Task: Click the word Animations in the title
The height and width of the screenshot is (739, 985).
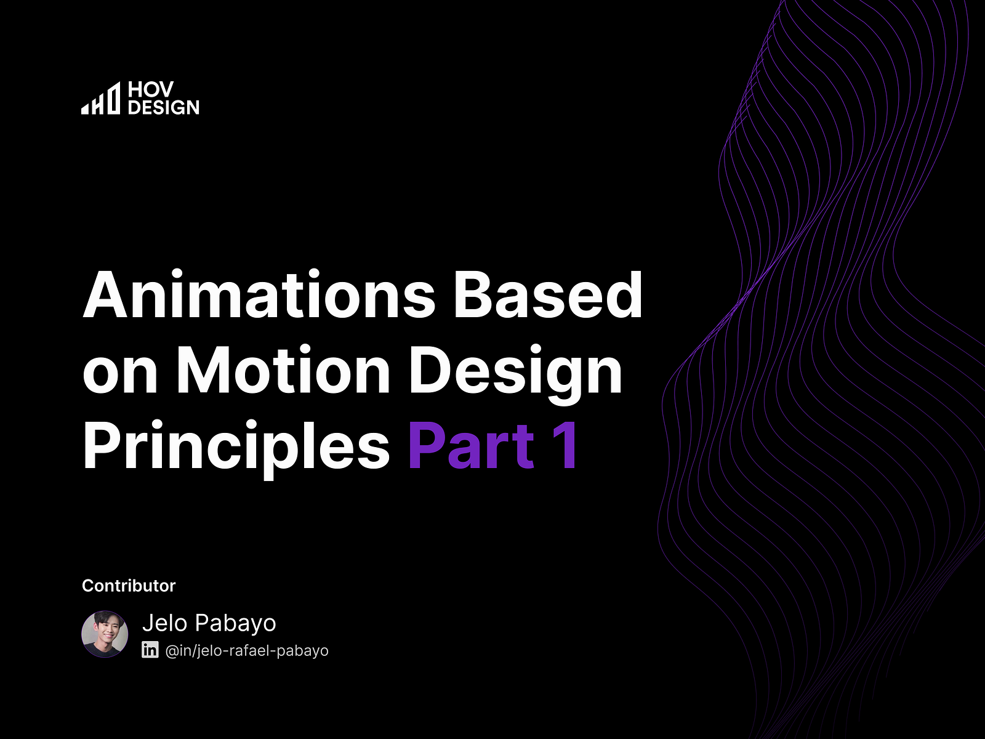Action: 259,296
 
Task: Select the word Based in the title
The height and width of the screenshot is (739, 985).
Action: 548,296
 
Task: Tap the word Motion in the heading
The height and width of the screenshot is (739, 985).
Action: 283,371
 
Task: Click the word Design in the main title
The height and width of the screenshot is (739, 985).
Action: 516,371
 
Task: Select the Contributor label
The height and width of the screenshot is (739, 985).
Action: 129,586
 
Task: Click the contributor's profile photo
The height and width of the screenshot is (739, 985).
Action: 105,634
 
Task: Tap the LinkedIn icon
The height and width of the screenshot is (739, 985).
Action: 150,650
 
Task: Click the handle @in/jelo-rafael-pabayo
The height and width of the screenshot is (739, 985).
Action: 247,650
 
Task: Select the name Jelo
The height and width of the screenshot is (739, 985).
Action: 164,623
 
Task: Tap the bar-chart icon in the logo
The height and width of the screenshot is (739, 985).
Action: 101,99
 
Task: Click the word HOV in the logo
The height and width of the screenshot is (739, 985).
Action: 151,90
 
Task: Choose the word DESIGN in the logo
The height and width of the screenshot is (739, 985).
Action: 164,107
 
